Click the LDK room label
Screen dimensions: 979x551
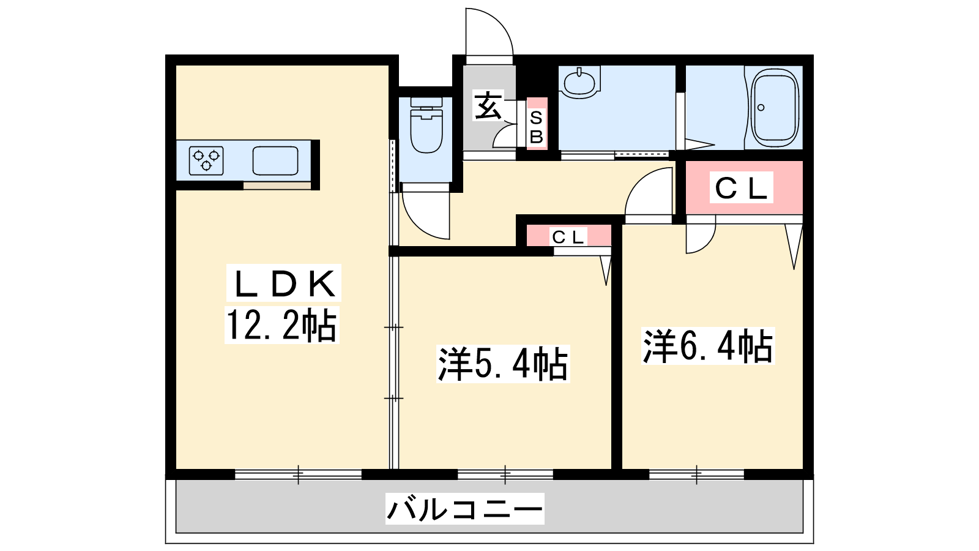(x=284, y=283)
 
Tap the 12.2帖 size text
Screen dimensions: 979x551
(x=282, y=325)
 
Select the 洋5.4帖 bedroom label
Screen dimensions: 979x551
(x=502, y=364)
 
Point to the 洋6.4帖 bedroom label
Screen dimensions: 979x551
(x=708, y=346)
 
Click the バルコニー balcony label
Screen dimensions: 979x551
(x=464, y=509)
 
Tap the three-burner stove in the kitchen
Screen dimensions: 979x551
(x=206, y=160)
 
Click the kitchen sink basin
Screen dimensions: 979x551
(x=275, y=160)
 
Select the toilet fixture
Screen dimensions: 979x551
(x=426, y=125)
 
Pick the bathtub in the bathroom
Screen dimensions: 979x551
(x=775, y=108)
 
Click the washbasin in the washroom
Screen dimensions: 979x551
(x=579, y=82)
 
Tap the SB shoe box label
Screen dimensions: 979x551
(x=536, y=127)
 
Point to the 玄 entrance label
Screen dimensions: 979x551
(x=488, y=105)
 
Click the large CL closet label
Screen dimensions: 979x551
(x=741, y=187)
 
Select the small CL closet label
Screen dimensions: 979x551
(x=568, y=237)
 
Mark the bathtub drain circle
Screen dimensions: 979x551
(x=761, y=108)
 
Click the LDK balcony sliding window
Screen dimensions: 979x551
(x=299, y=474)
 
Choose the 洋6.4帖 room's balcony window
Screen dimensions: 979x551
(x=697, y=474)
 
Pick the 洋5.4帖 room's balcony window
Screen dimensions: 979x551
(x=505, y=474)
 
